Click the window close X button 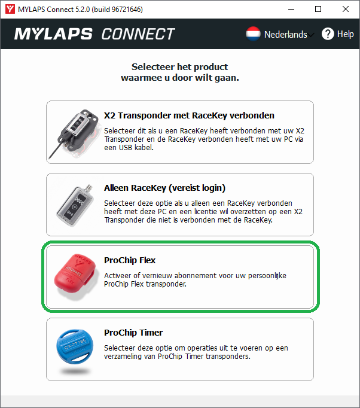point(346,9)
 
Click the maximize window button point(318,9)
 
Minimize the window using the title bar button point(291,10)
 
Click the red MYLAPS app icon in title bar point(10,9)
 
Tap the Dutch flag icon point(253,34)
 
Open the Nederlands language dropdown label point(286,34)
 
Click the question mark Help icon point(328,34)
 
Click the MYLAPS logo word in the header point(53,34)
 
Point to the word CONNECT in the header point(138,34)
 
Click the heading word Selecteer point(153,67)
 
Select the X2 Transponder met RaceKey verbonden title point(189,115)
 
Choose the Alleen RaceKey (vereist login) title point(164,188)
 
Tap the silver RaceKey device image point(75,206)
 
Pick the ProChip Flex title point(130,260)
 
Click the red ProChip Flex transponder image point(75,276)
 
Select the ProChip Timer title point(133,333)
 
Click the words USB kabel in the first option point(136,148)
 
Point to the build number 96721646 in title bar point(126,10)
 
